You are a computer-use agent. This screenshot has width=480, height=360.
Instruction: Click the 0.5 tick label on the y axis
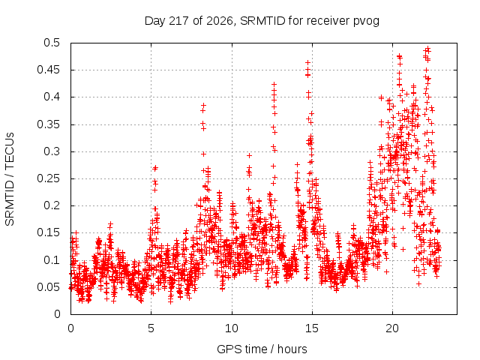tap(52, 43)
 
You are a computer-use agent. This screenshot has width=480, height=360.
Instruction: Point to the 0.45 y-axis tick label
tap(48, 70)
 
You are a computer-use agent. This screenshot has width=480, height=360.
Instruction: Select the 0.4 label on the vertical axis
tap(52, 97)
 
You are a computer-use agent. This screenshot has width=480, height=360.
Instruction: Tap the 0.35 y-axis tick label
tap(48, 124)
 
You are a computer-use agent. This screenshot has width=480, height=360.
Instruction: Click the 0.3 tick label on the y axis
tap(52, 151)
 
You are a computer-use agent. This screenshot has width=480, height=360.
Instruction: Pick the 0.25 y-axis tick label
tap(48, 178)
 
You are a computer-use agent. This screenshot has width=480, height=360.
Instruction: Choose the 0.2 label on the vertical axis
tap(52, 205)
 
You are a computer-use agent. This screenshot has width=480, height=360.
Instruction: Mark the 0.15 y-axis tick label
tap(48, 232)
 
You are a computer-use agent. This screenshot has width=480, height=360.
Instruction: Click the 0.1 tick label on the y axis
tap(52, 260)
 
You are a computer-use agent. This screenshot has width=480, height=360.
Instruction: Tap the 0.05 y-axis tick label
tap(48, 287)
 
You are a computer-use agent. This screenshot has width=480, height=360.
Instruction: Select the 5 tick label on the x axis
tap(151, 328)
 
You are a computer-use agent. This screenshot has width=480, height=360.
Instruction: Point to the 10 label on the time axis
tap(232, 328)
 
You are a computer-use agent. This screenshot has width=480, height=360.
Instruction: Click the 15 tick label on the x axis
tap(312, 328)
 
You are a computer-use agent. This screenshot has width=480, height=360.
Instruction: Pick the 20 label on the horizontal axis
tap(392, 328)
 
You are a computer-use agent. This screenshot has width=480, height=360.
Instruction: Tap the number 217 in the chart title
tap(179, 21)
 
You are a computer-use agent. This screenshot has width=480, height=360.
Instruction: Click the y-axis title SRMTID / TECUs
tap(10, 179)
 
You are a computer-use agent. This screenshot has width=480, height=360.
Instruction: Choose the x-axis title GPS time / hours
tap(262, 349)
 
